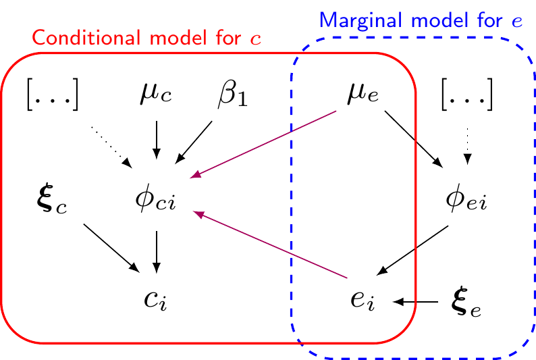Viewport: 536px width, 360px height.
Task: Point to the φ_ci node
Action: (x=156, y=200)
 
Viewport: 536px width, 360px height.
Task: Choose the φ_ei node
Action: (x=467, y=200)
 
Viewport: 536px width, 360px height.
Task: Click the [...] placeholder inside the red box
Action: (x=53, y=95)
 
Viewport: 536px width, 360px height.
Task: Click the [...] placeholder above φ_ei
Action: (x=467, y=95)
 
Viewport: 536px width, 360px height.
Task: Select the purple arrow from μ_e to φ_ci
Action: (x=264, y=145)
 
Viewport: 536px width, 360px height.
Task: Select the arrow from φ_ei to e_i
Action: (x=413, y=251)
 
